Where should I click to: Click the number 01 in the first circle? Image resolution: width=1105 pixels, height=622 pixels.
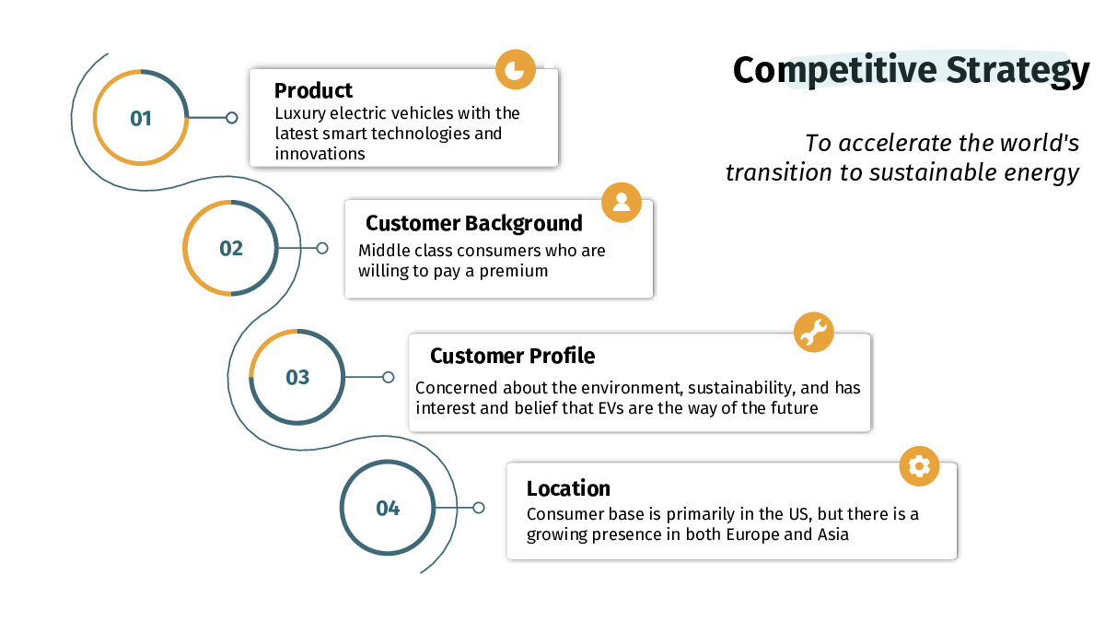[141, 119]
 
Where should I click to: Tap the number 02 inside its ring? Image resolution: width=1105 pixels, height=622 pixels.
[231, 248]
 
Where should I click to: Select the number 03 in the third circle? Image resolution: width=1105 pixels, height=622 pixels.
[297, 377]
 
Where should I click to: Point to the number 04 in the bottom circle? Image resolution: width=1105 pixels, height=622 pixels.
[388, 508]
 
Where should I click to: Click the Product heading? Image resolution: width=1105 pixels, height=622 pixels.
[313, 90]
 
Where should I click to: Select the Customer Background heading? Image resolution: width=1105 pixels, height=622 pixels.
[474, 223]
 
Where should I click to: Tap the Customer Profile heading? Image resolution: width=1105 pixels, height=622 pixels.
[513, 356]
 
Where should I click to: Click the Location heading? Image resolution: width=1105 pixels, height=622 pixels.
[568, 488]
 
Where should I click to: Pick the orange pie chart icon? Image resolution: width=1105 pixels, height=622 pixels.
[516, 69]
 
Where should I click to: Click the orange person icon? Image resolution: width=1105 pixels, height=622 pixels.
[622, 203]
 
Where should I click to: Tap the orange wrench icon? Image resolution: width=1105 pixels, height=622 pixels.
[814, 332]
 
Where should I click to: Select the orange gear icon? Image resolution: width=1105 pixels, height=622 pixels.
[919, 466]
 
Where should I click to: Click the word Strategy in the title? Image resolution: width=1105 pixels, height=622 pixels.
[1018, 70]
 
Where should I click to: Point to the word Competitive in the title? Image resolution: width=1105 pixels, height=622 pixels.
[834, 70]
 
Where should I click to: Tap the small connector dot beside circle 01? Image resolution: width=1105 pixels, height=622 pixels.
[232, 118]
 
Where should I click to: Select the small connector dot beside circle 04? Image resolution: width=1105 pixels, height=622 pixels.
[479, 508]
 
